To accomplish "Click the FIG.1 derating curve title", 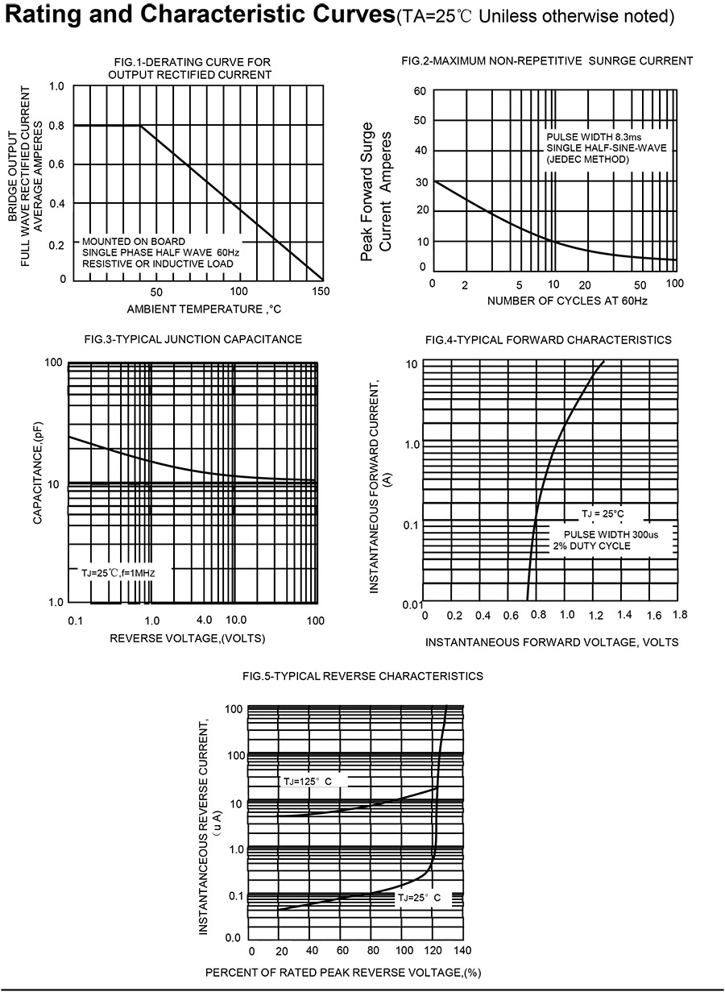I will (189, 68).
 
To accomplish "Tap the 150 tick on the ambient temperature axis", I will (321, 291).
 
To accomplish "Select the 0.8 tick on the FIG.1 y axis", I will (57, 126).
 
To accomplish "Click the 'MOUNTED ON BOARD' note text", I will (134, 242).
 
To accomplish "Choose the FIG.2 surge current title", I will (546, 60).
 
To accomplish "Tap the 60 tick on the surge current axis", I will (419, 91).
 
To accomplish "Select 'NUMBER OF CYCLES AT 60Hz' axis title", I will (567, 301).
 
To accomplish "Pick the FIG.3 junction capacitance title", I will (193, 339).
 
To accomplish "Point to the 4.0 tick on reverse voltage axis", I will (204, 620).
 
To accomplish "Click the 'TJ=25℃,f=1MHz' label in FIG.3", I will (118, 572).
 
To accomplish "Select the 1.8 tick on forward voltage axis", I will (679, 615).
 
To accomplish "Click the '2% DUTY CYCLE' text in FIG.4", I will (591, 546).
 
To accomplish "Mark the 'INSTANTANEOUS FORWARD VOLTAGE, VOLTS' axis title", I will (552, 642).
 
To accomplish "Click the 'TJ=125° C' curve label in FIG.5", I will (307, 782).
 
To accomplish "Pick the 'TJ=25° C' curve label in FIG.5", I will (419, 897).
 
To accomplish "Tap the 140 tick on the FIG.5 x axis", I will (463, 950).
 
